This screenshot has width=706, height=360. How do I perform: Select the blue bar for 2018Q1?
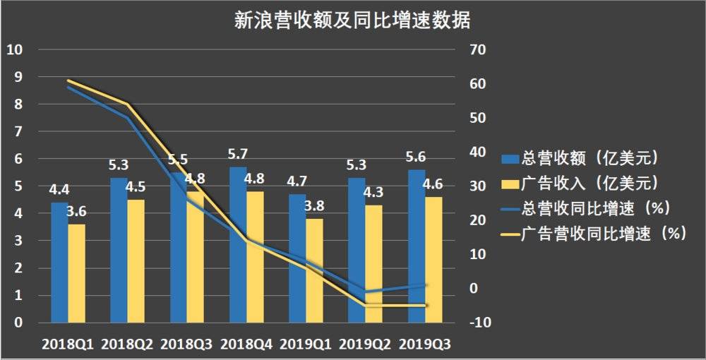pos(59,263)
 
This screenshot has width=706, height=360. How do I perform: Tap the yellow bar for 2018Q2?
pos(136,261)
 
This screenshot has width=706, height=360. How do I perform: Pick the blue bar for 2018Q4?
pos(237,245)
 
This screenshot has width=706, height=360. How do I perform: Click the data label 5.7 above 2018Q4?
pos(238,153)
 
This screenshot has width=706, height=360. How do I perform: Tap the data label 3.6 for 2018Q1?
pos(77,212)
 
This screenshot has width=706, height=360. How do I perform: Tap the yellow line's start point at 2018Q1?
pos(68,80)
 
